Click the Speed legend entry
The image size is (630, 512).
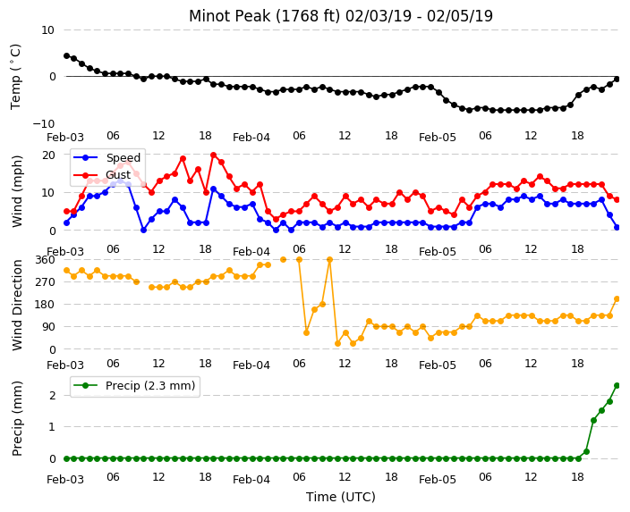click(106, 157)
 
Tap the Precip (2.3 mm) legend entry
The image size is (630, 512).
click(135, 386)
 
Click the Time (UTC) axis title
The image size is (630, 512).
click(341, 497)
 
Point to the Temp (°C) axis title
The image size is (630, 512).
click(15, 77)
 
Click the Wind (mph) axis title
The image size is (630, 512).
click(17, 192)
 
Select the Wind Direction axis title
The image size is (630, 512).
click(17, 305)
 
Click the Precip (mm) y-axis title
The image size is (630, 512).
click(17, 418)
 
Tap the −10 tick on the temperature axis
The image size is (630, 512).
click(43, 123)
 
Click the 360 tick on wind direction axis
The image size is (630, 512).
click(45, 260)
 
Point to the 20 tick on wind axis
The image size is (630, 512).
click(48, 155)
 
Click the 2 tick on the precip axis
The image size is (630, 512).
click(52, 395)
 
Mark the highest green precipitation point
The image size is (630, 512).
click(617, 386)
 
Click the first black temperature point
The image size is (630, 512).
click(67, 55)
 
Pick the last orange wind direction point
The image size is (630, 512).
click(617, 299)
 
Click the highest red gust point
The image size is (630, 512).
click(213, 155)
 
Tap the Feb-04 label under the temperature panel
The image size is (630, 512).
click(251, 138)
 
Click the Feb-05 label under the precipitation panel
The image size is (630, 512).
click(437, 480)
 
